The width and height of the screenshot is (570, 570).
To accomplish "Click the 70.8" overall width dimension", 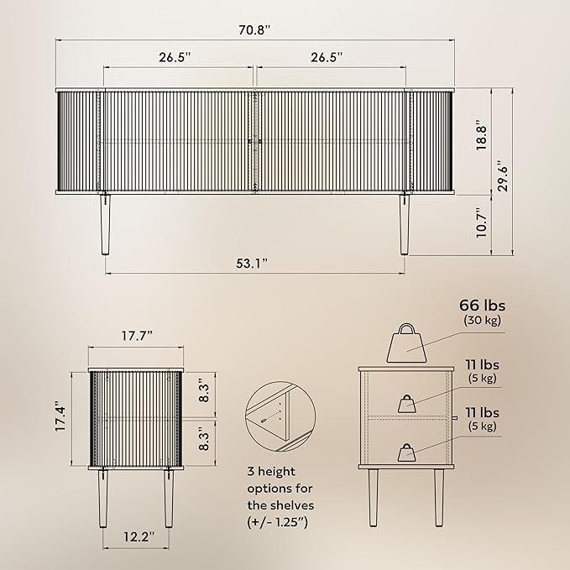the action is pos(255,30).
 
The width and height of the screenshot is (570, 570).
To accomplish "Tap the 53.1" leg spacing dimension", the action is pos(252,264).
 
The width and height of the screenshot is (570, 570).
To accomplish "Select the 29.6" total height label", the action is pos(503,176).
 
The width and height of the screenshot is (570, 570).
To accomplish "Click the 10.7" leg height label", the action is pos(482,223).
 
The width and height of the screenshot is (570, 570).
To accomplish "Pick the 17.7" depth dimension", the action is pos(137,336).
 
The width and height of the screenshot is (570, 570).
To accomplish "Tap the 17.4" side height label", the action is pos(60,416).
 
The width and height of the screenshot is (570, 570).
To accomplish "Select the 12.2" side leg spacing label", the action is pos(139,536).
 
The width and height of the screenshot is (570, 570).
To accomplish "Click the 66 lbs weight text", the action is pos(482,306).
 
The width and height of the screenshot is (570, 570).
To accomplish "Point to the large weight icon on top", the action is pos(406,343).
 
